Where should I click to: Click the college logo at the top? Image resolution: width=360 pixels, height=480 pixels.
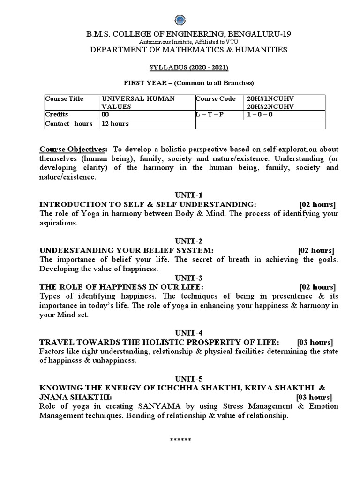pos(180,20)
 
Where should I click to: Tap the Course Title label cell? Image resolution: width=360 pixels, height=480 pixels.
pos(64,98)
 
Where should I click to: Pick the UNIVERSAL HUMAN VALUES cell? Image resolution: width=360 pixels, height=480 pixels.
pos(138,102)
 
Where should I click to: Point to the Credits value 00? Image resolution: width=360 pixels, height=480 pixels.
pos(105,114)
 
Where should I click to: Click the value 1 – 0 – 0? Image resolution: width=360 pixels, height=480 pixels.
pos(259,114)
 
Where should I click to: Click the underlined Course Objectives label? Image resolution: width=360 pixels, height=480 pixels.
pos(73,149)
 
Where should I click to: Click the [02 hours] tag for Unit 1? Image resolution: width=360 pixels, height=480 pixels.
pos(317,204)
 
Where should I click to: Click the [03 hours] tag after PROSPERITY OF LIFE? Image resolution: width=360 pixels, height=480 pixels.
pos(315,342)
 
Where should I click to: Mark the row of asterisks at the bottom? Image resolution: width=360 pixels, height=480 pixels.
pos(180,440)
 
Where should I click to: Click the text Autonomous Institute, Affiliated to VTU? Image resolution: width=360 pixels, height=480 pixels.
pos(180,41)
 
